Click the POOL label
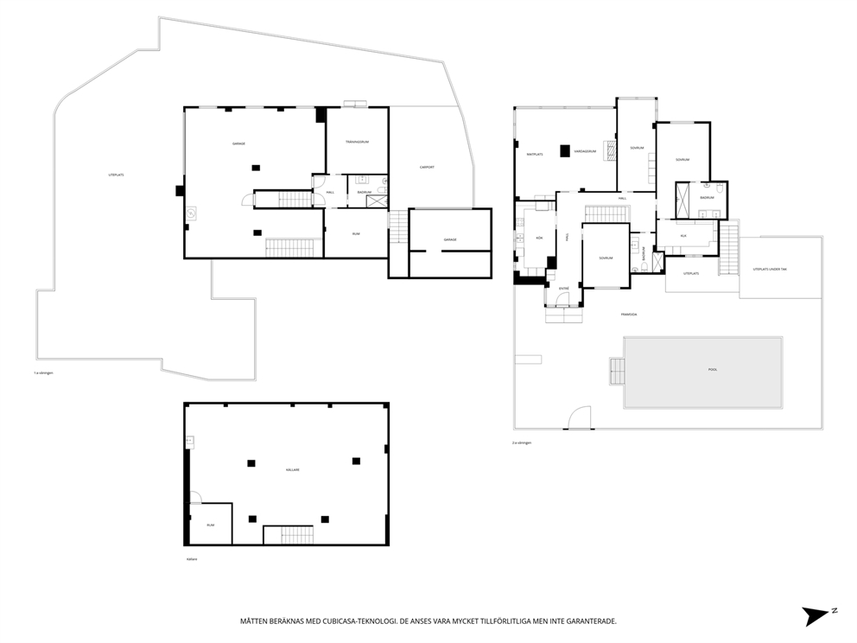pos(713,369)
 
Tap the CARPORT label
pos(426,167)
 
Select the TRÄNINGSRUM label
pos(357,142)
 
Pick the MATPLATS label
pos(535,154)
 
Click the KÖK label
pos(539,237)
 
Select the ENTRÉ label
pos(563,288)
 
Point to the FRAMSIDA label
pos(628,314)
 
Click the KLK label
pos(682,235)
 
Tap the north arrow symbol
pos(818,614)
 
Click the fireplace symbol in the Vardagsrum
pos(610,151)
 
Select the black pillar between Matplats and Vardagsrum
pos(564,150)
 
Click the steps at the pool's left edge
pos(616,372)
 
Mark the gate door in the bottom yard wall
pos(579,418)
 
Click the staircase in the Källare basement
pos(288,535)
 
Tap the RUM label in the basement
pos(210,525)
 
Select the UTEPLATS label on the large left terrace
pos(117,175)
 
